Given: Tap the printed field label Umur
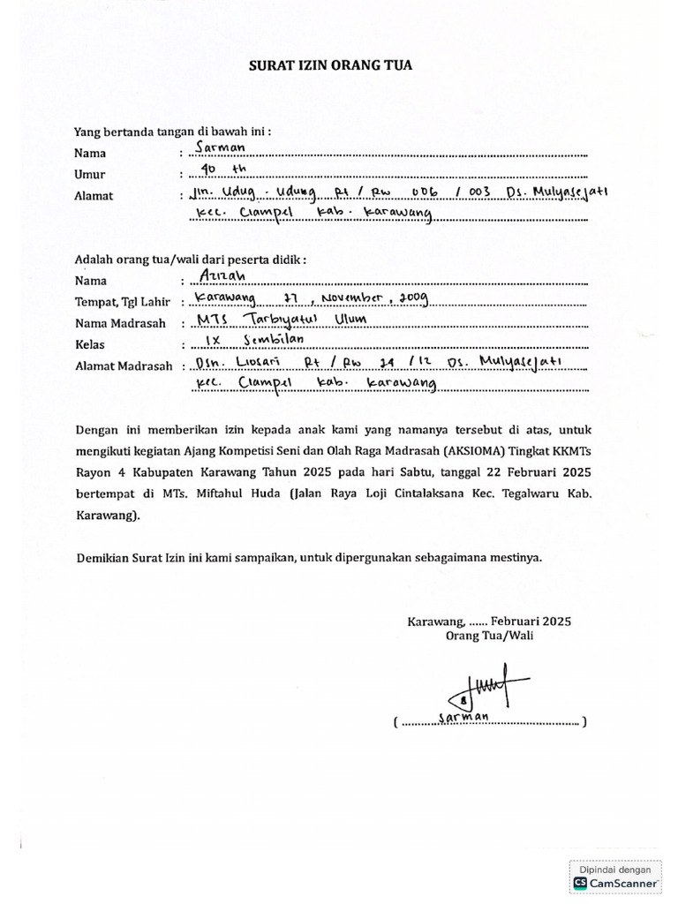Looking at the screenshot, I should point(89,175).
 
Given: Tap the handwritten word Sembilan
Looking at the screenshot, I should point(267,340).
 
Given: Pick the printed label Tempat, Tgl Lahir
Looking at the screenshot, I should point(121,302).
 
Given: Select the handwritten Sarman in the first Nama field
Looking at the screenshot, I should point(224,149).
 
